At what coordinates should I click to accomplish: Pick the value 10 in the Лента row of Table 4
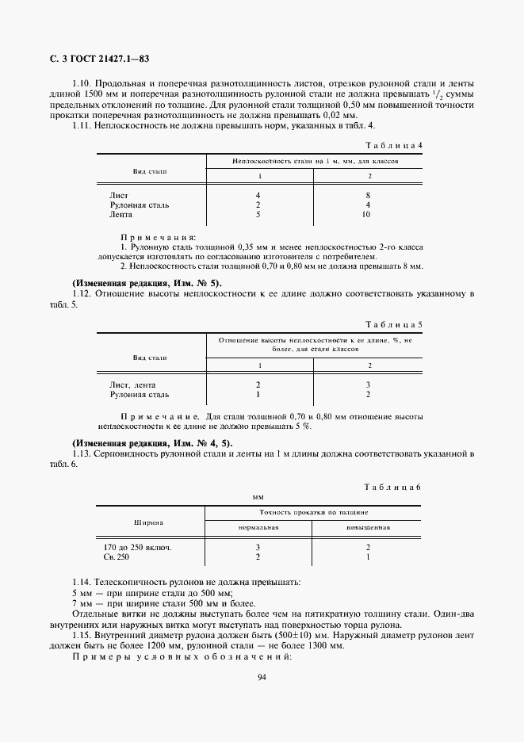coord(366,214)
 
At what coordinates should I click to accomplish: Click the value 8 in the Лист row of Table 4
coord(366,194)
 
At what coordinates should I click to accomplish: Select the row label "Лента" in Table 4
coord(121,214)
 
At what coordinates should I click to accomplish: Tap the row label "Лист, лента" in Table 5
coord(132,384)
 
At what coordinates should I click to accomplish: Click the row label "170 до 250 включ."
coord(138,548)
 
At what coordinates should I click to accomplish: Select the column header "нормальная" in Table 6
coord(258,528)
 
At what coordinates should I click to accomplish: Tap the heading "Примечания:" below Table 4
coord(159,237)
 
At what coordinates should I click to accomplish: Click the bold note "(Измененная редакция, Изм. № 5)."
coord(147,283)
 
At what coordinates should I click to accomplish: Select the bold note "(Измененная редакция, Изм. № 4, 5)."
coord(153,442)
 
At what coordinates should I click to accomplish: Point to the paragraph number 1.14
coord(82,582)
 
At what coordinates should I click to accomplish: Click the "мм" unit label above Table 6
coord(257,496)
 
